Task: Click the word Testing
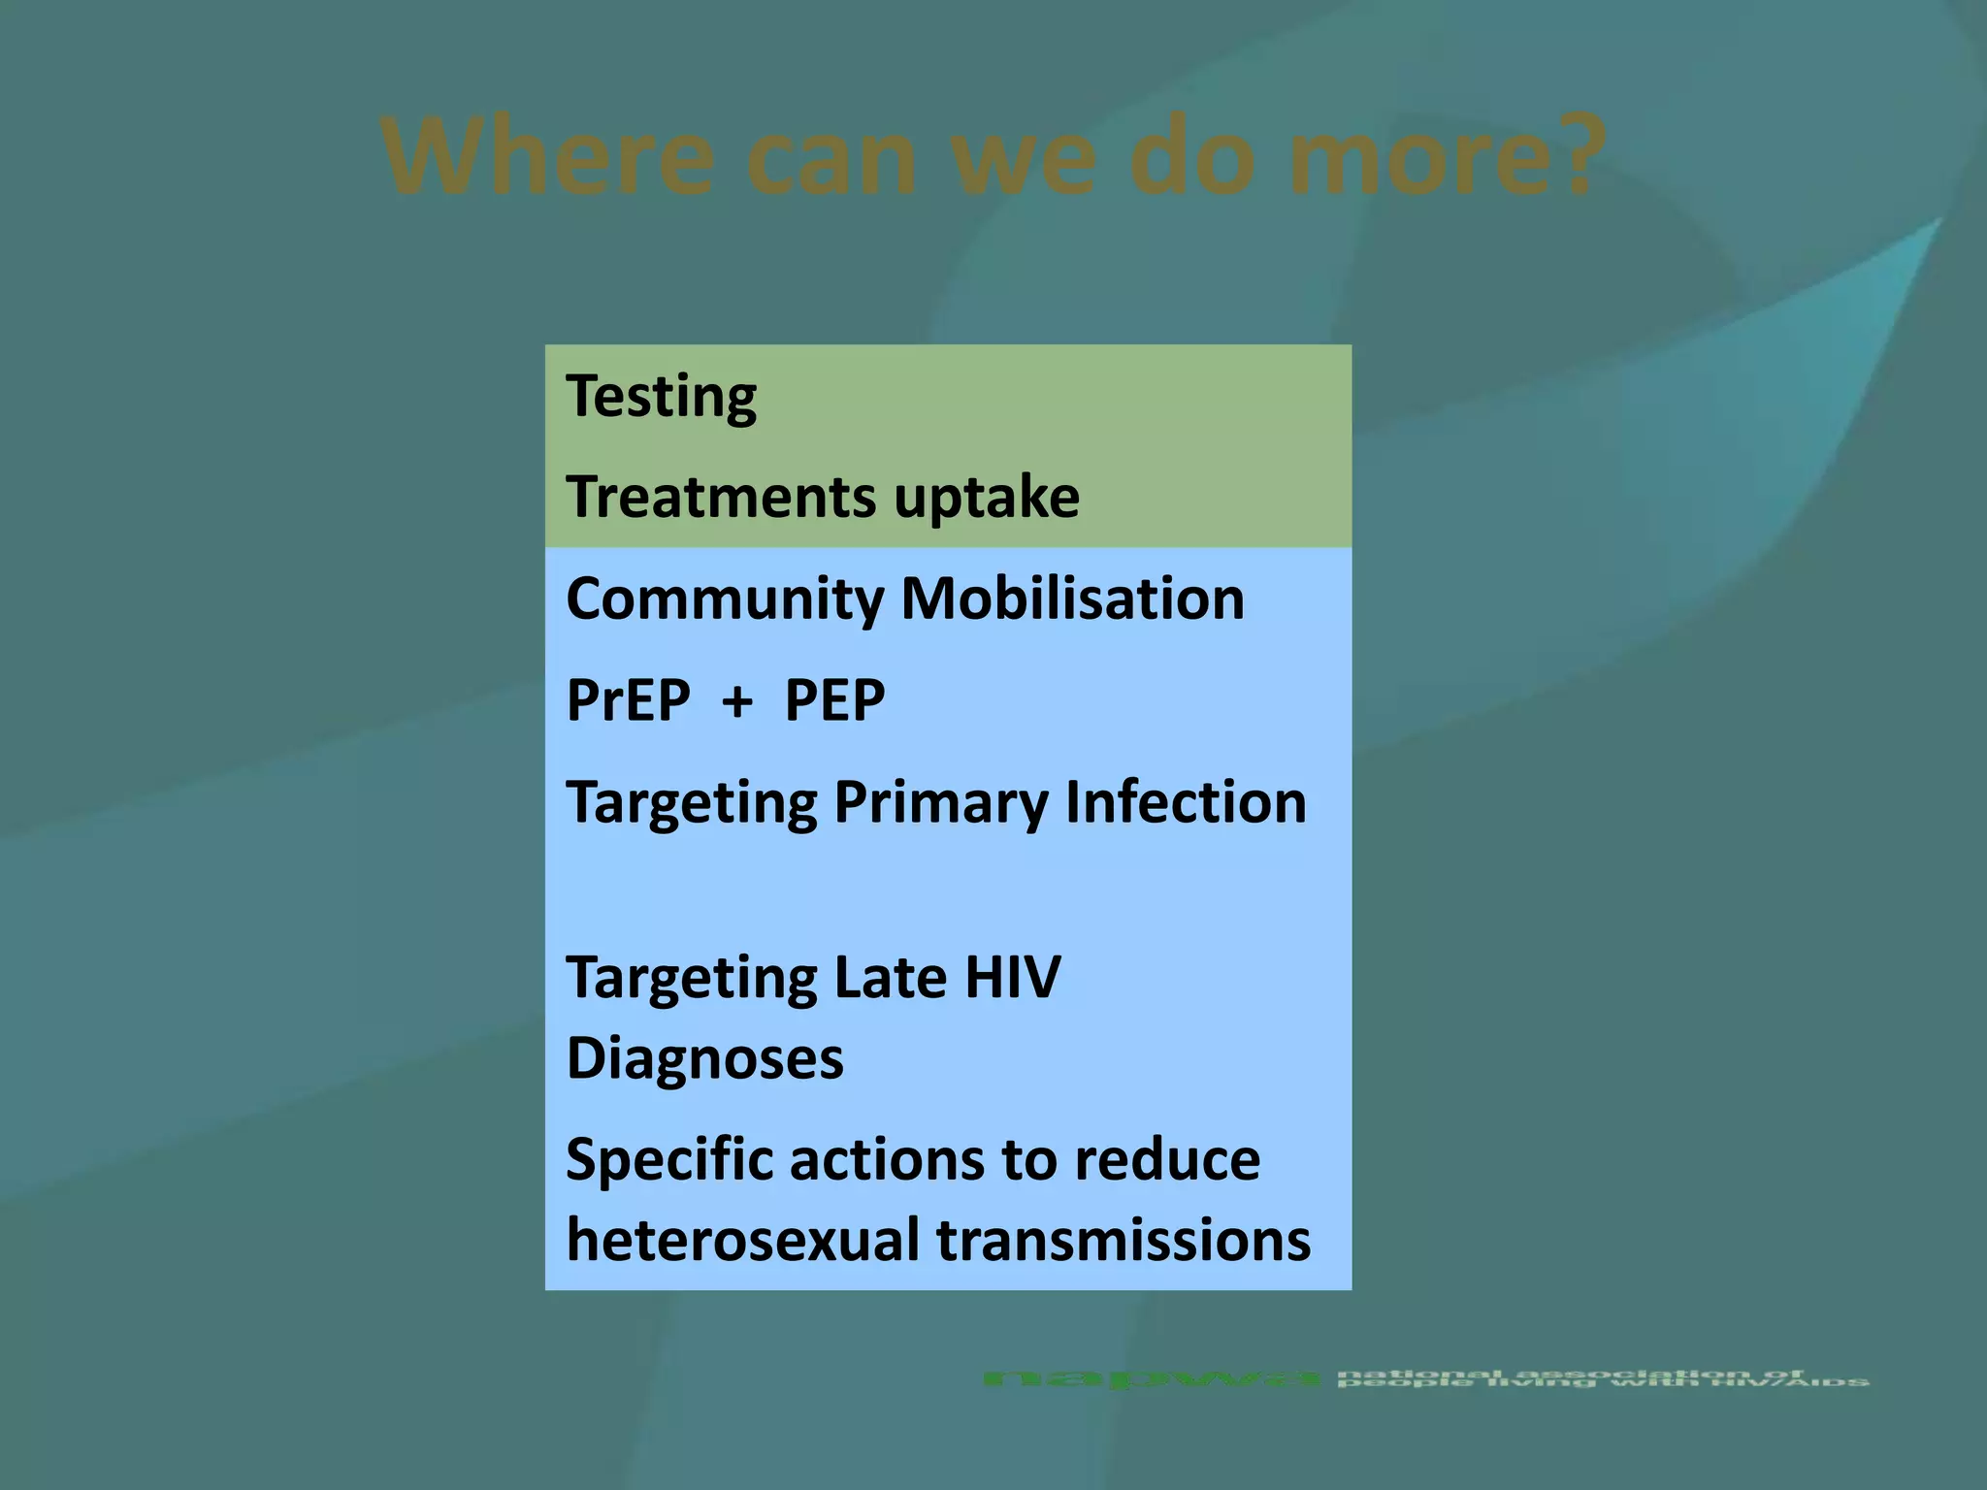pyautogui.click(x=661, y=397)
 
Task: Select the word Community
pyautogui.click(x=724, y=599)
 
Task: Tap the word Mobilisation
pyautogui.click(x=1072, y=598)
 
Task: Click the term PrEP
pyautogui.click(x=628, y=699)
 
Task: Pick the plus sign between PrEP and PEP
pyautogui.click(x=737, y=701)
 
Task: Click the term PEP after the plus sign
pyautogui.click(x=833, y=699)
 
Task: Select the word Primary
pyautogui.click(x=941, y=803)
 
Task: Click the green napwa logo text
pyautogui.click(x=1151, y=1378)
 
